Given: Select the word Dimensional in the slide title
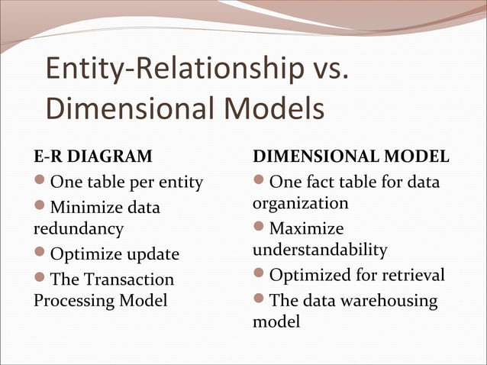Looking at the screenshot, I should click(x=122, y=108).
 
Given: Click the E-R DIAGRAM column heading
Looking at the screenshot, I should click(x=92, y=157).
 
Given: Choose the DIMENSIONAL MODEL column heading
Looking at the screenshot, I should click(x=350, y=157).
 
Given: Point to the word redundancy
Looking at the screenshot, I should click(x=78, y=228).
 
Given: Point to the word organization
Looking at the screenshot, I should click(x=300, y=204).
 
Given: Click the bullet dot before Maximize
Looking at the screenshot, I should click(x=260, y=228).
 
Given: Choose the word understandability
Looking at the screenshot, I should click(x=320, y=250).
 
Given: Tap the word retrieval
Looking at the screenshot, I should click(x=410, y=275).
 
